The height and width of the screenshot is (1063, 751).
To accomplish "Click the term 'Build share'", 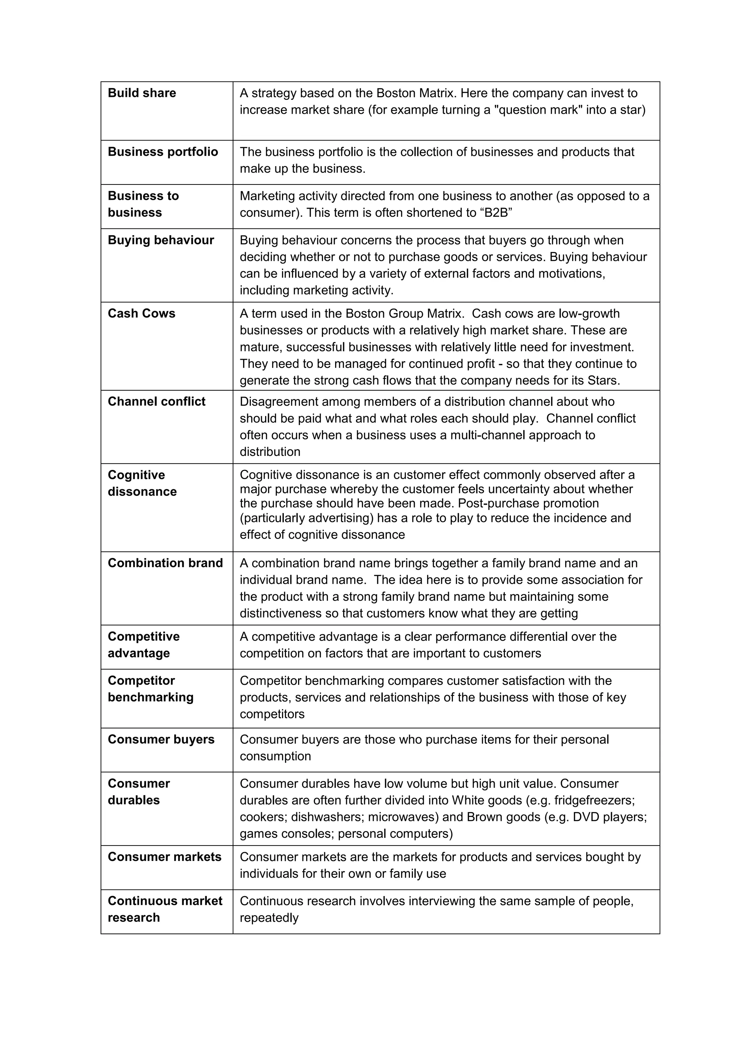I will coord(142,93).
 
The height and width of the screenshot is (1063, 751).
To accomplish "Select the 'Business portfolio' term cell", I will coord(162,152).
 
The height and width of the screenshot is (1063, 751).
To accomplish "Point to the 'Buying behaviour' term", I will coord(161,240).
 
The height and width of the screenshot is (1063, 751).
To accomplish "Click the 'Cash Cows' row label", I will coord(141,314).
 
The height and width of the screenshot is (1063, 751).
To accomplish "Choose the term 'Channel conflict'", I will coord(157,401).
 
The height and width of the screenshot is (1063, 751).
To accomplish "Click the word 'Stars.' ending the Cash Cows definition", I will coord(603,381).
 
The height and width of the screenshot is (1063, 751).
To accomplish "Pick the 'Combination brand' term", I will coord(165,563).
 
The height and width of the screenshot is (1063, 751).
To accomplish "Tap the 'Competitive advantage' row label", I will coord(143,645).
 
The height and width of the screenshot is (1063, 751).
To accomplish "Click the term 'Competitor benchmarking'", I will coord(150,689).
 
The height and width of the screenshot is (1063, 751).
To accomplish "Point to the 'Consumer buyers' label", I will coord(161,739).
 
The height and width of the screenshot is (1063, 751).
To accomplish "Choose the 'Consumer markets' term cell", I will coord(164,857).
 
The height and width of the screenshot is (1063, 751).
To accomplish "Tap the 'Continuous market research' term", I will coord(165,909).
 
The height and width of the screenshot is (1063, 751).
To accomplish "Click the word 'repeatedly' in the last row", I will coord(269,918).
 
